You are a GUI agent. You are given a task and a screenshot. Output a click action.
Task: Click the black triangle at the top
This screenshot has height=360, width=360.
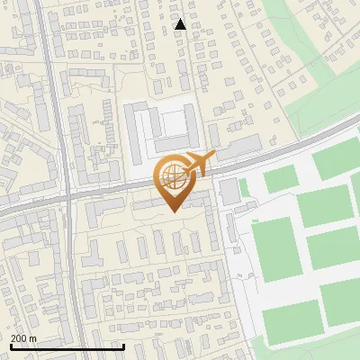180,24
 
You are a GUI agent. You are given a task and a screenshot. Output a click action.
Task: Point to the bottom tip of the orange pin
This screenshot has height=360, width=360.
175,212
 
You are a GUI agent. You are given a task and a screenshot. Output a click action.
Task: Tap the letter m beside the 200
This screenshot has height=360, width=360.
33,338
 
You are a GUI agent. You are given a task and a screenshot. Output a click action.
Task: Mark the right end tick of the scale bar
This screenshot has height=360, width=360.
123,346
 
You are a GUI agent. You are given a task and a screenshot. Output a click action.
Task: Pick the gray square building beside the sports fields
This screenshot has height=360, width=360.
229,191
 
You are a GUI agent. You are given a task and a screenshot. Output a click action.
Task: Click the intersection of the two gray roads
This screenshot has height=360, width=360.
67,194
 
